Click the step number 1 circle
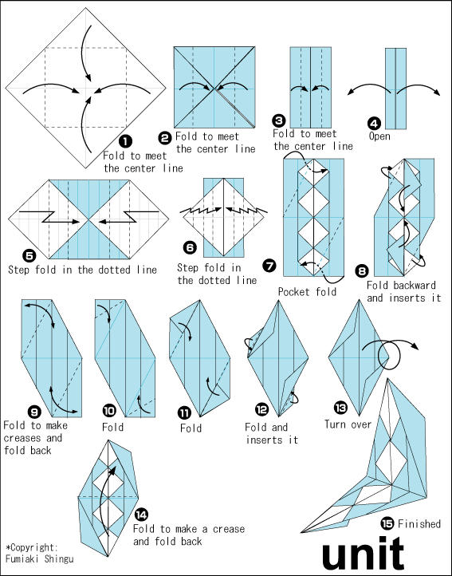pyautogui.click(x=126, y=142)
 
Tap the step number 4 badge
pyautogui.click(x=374, y=124)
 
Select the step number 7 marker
pyautogui.click(x=270, y=265)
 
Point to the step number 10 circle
pyautogui.click(x=110, y=411)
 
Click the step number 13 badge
pyautogui.click(x=340, y=408)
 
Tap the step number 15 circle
pyautogui.click(x=387, y=523)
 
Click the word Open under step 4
pyautogui.click(x=379, y=136)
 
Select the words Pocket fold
pyautogui.click(x=307, y=292)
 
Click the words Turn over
pyautogui.click(x=348, y=424)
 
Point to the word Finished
pyautogui.click(x=419, y=523)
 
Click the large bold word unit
pyautogui.click(x=364, y=553)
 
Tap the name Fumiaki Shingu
pyautogui.click(x=40, y=559)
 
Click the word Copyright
pyautogui.click(x=33, y=548)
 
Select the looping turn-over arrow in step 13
pyautogui.click(x=388, y=354)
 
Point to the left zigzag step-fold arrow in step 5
pyautogui.click(x=49, y=217)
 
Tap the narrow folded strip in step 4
pyautogui.click(x=396, y=89)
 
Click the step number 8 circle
pyautogui.click(x=362, y=271)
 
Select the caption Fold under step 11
pyautogui.click(x=191, y=428)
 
